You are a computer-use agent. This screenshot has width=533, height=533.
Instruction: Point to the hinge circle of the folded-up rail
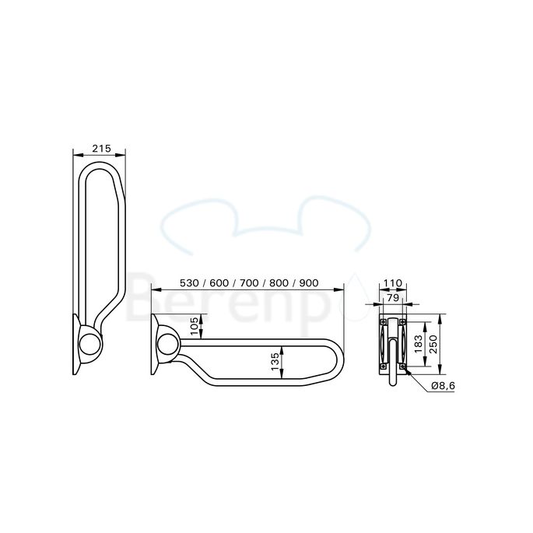click(x=90, y=344)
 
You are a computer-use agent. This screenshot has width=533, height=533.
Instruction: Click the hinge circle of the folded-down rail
click(x=167, y=344)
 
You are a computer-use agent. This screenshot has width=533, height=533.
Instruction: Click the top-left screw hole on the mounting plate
click(x=382, y=321)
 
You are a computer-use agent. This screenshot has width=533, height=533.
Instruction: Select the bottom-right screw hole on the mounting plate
click(x=402, y=366)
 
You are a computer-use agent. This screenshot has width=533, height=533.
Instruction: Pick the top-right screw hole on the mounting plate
click(x=402, y=321)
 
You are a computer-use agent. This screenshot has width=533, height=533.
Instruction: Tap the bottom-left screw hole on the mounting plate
click(x=382, y=366)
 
